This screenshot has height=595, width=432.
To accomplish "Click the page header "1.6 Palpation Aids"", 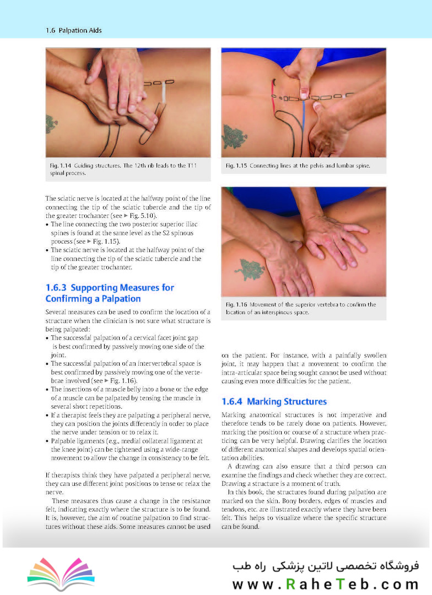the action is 74,30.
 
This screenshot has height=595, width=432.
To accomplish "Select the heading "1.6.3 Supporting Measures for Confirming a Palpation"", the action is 110,293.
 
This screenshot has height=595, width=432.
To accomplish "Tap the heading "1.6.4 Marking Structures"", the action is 274,401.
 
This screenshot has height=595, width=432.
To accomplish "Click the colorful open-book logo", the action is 61,573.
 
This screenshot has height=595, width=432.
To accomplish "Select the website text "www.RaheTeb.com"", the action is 326,583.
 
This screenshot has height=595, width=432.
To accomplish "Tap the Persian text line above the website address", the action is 326,566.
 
